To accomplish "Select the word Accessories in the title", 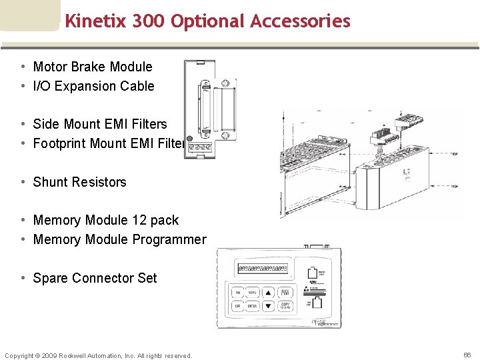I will pyautogui.click(x=300, y=21).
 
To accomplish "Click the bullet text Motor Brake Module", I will pyautogui.click(x=93, y=67).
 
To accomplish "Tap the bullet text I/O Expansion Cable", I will pyautogui.click(x=93, y=86).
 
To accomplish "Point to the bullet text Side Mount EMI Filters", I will pyautogui.click(x=100, y=124).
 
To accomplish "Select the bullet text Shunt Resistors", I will pyautogui.click(x=79, y=182).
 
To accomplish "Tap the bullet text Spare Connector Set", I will pyautogui.click(x=95, y=278).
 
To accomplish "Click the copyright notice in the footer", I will pyautogui.click(x=98, y=355).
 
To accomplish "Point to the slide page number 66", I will pyautogui.click(x=467, y=355).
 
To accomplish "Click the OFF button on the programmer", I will pyautogui.click(x=237, y=306).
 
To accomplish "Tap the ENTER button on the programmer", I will pyautogui.click(x=253, y=306).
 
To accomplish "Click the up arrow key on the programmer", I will pyautogui.click(x=268, y=293).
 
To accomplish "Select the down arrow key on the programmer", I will pyautogui.click(x=268, y=306).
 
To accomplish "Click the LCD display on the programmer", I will pyautogui.click(x=263, y=269).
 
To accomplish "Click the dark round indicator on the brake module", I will pyautogui.click(x=190, y=139).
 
